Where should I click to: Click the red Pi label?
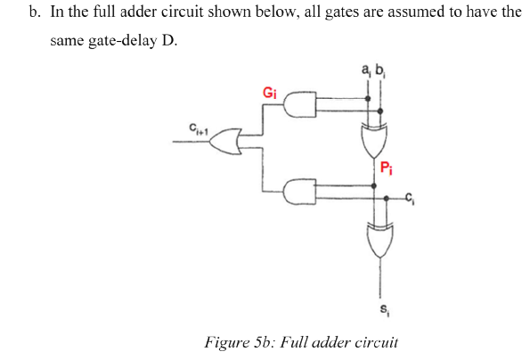(385, 166)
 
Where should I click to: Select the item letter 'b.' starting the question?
(36, 12)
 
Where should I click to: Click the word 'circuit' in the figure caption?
(376, 340)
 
